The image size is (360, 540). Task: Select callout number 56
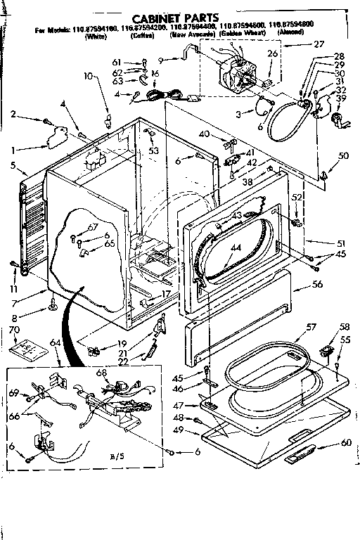pos(317,285)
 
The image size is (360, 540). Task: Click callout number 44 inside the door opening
pos(236,247)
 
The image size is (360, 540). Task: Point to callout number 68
pos(101,373)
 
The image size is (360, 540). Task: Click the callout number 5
pos(13,166)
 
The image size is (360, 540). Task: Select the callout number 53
pos(153,150)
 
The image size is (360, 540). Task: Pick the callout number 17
pos(167,294)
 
